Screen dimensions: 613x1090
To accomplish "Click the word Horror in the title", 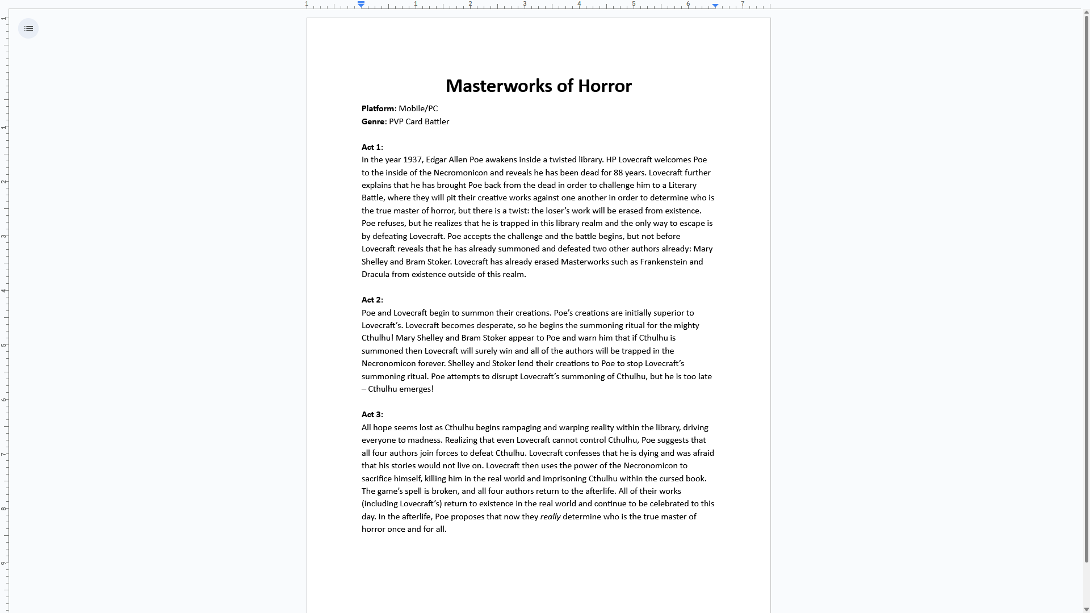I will coord(605,86).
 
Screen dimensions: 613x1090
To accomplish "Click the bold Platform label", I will coord(378,108).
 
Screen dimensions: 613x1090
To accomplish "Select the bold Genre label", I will coord(373,121).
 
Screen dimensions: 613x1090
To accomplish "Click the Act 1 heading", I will coord(371,147).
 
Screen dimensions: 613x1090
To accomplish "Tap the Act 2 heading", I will coord(371,300).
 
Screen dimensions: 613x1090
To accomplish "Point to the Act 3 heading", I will coord(371,414).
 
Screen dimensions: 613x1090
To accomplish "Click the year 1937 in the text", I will coord(412,159).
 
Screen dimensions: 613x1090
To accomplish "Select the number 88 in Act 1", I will coord(618,173).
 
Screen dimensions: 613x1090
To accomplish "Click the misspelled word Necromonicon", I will coord(460,173).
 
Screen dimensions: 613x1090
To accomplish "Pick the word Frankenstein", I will coord(663,262).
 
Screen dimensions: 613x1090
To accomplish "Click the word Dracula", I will coord(375,274).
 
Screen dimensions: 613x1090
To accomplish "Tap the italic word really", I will coord(550,517).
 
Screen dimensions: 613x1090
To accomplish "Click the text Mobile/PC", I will coord(418,108).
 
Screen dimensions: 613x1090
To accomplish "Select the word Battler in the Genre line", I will coord(435,121).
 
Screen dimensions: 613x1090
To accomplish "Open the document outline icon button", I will coord(28,28).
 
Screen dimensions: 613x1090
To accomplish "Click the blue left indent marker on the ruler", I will coord(361,5).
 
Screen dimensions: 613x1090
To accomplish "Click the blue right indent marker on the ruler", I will coord(715,5).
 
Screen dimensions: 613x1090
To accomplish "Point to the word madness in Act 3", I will coord(424,440).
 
